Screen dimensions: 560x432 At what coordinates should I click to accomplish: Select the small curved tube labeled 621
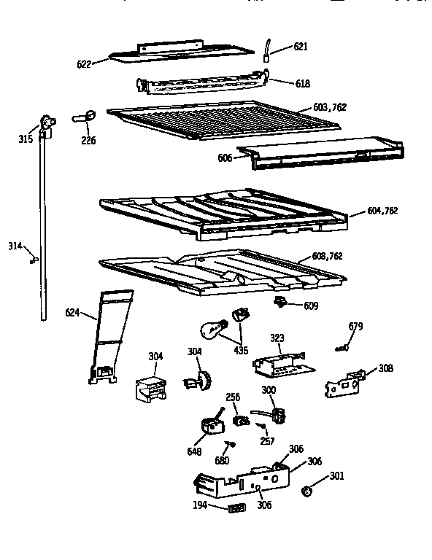(267, 49)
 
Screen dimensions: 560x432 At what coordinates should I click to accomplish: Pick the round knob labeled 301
(307, 491)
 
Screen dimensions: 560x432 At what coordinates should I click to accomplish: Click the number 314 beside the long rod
(15, 246)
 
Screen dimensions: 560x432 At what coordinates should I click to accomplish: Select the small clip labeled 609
(279, 301)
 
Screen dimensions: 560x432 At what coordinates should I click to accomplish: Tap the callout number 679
(355, 326)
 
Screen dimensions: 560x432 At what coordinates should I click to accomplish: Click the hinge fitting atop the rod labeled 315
(47, 124)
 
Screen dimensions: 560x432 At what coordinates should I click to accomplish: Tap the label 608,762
(326, 256)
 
